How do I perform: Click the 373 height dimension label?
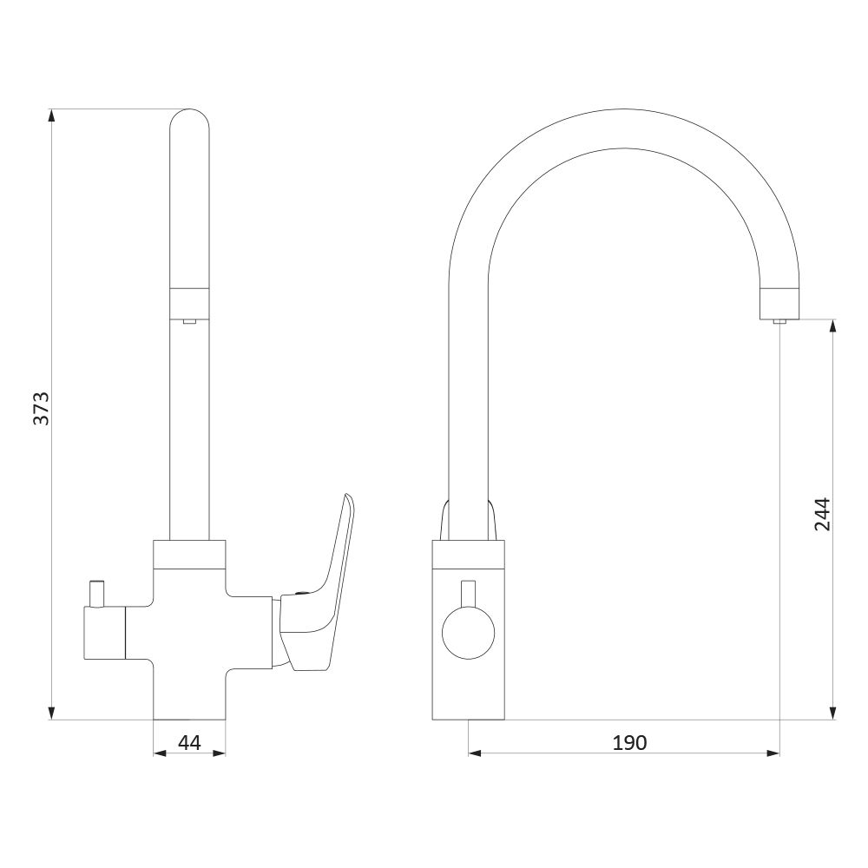point(42,409)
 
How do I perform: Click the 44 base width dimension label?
point(189,742)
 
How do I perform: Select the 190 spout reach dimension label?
point(629,742)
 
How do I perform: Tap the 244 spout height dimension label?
point(822,514)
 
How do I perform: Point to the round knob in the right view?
point(469,633)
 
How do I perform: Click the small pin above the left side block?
point(97,594)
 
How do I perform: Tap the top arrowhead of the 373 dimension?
point(51,115)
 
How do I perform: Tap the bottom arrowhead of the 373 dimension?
point(51,713)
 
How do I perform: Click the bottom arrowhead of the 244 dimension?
point(832,713)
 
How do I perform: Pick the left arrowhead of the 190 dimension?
point(476,753)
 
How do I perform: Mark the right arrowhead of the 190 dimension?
point(773,753)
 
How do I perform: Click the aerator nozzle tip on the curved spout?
point(779,321)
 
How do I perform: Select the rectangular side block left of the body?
point(105,633)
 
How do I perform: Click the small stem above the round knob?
point(469,594)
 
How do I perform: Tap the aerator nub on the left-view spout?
point(189,321)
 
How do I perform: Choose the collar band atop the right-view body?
point(469,554)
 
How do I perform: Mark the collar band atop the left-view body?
point(189,555)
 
